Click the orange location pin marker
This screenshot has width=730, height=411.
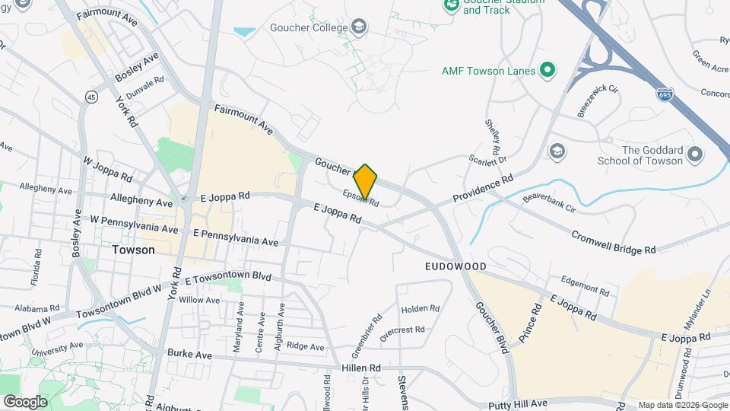366,183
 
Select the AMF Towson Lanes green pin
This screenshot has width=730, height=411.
546,71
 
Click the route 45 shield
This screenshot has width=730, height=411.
92,97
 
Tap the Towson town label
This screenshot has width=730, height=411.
133,250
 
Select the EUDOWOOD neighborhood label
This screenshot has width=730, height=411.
455,267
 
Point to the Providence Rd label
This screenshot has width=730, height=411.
483,188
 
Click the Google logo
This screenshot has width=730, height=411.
25,402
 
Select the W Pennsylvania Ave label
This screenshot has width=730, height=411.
134,224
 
